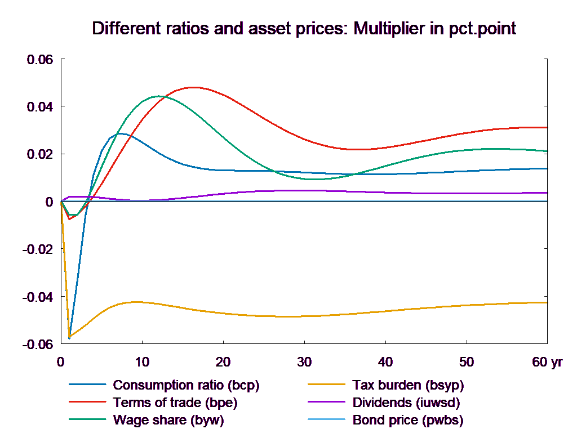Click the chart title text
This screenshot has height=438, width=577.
(x=304, y=29)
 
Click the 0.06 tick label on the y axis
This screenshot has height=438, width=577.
(x=40, y=59)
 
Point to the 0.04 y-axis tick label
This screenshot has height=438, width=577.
(x=40, y=106)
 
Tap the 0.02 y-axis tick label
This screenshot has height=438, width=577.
(x=40, y=154)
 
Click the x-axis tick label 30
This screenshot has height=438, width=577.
(x=304, y=362)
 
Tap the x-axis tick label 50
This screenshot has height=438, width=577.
(x=465, y=362)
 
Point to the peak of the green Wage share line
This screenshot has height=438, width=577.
(x=159, y=96)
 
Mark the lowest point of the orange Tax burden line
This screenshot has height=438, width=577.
(x=69, y=338)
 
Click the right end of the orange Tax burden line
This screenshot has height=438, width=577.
(x=548, y=302)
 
